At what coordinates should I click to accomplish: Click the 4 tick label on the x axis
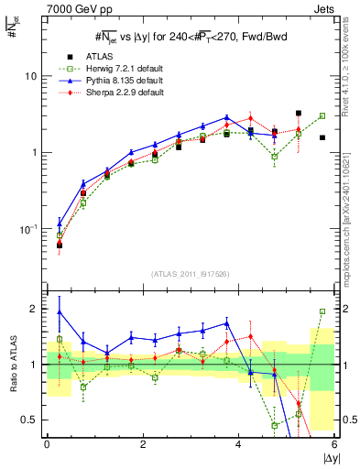coord(238,443)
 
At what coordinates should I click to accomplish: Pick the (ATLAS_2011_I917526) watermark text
coord(190,274)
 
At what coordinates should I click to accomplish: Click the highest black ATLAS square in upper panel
coord(299,114)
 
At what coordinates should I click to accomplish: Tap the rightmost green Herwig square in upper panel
coord(322,116)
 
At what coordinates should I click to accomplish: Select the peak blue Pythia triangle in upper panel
coord(226,117)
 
